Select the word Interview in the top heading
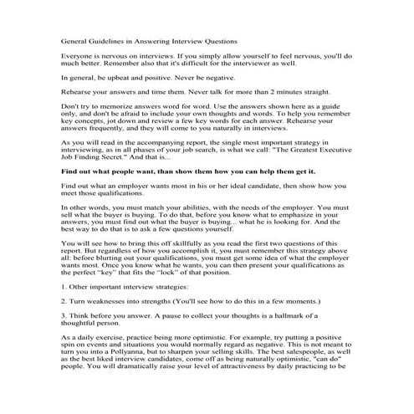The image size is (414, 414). click(189, 39)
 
